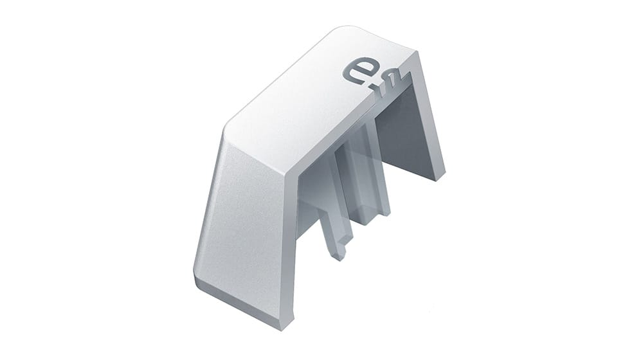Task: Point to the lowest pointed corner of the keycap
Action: coord(282,327)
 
